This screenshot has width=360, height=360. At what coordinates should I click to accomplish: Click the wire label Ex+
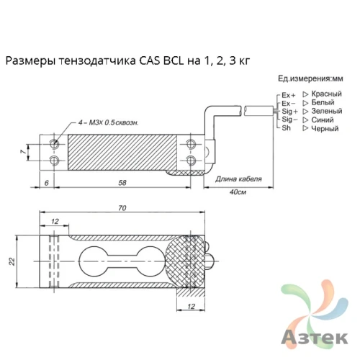click(x=287, y=95)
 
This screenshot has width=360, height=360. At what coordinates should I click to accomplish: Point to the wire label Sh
click(x=286, y=127)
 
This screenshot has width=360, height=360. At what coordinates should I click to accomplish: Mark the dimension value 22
click(x=12, y=261)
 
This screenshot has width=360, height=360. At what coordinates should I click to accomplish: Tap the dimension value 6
click(x=46, y=184)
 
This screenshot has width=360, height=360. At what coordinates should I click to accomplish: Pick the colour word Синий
click(x=322, y=120)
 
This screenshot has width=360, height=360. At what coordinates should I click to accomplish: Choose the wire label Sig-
click(x=289, y=120)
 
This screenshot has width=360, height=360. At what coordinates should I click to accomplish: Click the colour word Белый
click(x=323, y=103)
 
